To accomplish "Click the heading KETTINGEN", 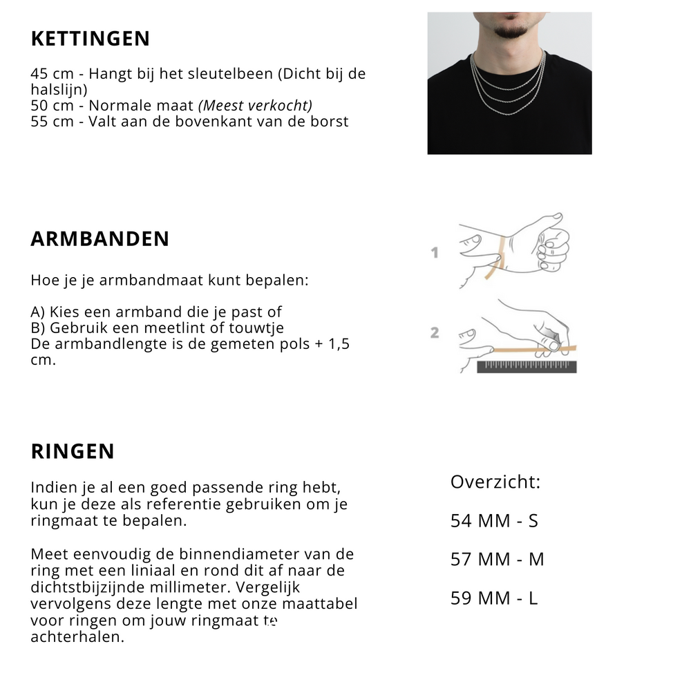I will (90, 39).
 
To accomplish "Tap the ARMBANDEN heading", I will (100, 239).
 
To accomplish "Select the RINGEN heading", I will (73, 451).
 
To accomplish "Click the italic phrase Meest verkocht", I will (256, 106).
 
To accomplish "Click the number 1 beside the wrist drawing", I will (435, 253).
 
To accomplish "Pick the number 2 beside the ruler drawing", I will (435, 333).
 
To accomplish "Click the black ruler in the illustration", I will (527, 366).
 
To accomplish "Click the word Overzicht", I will (495, 482).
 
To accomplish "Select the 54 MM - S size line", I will (494, 520).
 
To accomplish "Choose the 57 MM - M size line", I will (498, 559).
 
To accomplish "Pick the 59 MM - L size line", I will (494, 598).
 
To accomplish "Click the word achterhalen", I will (77, 637).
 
